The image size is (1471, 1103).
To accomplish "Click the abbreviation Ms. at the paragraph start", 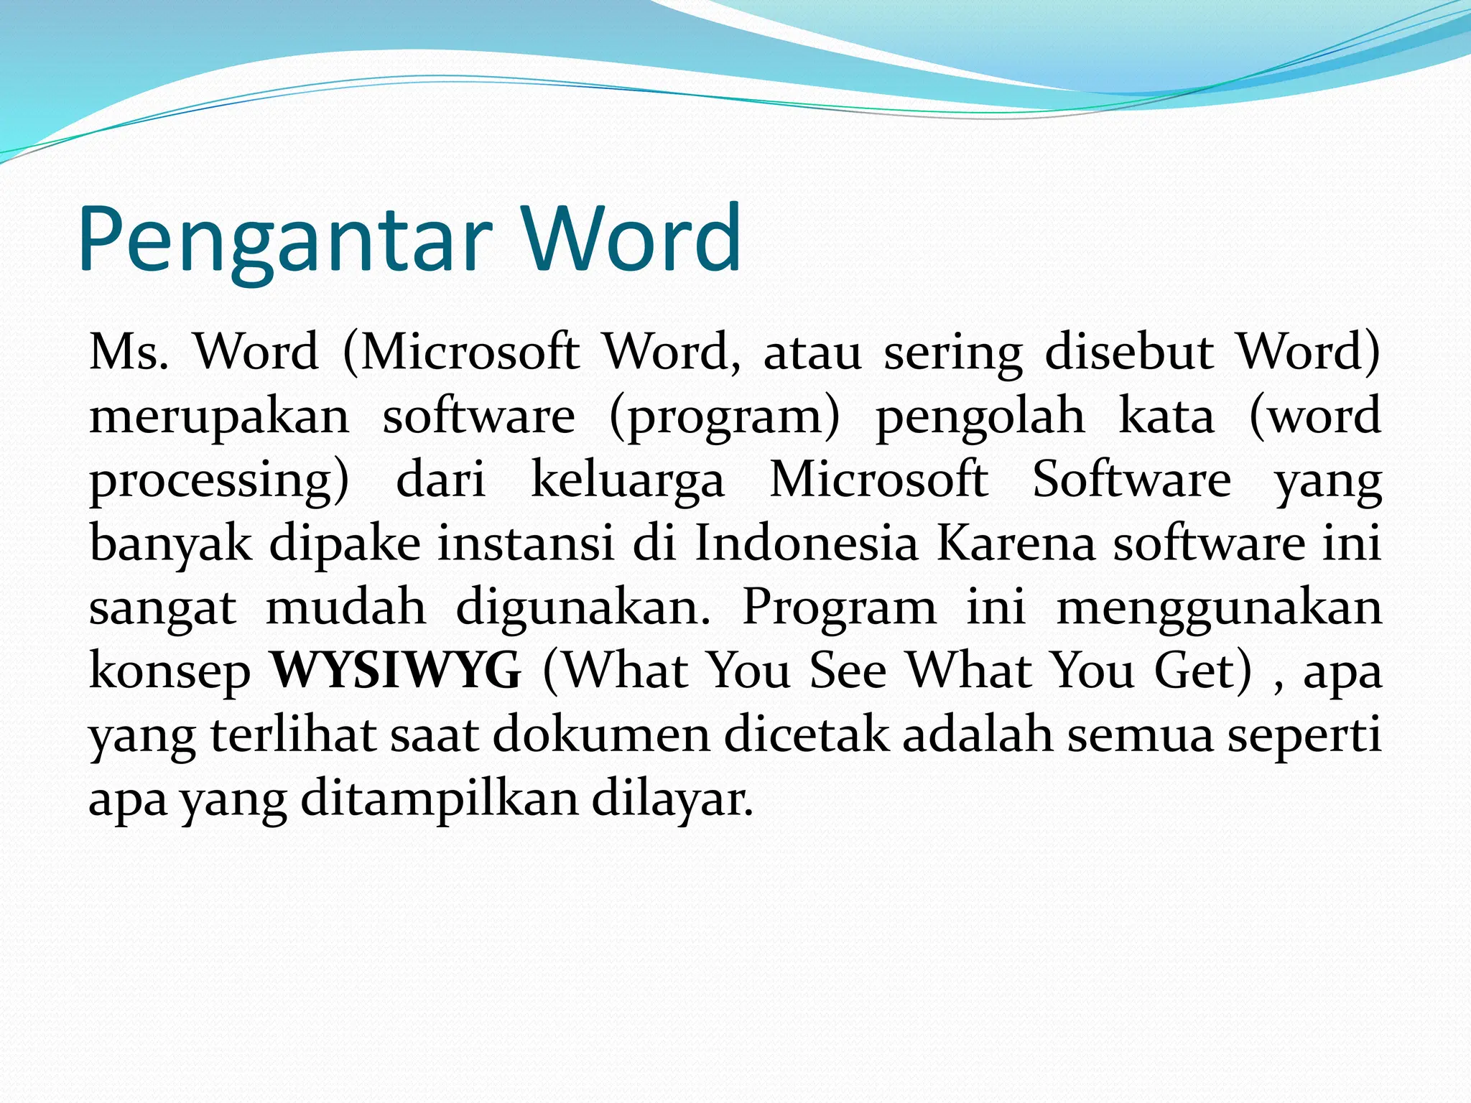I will tap(129, 353).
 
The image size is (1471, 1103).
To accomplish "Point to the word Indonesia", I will tap(807, 544).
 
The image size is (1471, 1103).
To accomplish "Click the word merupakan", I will tap(219, 417).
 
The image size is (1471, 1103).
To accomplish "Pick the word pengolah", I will tap(980, 417).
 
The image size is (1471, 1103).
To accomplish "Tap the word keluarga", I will tap(628, 480).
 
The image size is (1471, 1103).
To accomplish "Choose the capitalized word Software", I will tap(1131, 479).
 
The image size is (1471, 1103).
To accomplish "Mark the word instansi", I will tap(526, 544).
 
